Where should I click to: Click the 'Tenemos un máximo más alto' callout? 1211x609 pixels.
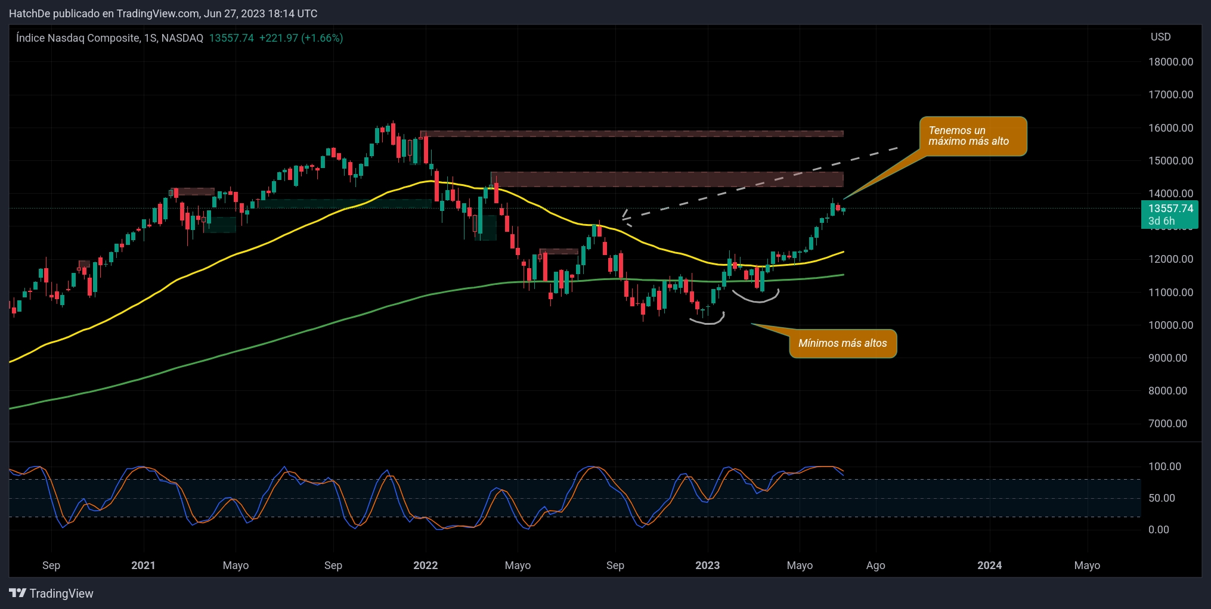point(972,136)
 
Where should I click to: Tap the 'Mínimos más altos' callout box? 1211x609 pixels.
point(843,343)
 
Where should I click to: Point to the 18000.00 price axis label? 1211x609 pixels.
point(1170,62)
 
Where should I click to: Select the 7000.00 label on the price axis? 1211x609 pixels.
point(1170,424)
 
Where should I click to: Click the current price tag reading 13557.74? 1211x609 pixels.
point(1170,209)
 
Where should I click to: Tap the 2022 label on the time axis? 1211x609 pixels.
point(425,565)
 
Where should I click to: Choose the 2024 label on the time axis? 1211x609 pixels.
point(989,565)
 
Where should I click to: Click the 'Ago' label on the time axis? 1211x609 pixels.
point(875,565)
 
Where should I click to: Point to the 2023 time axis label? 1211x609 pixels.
point(707,565)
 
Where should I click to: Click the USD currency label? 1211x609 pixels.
point(1160,37)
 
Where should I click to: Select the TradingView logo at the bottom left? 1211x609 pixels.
point(51,594)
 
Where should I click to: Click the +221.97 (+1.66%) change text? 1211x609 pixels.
point(301,38)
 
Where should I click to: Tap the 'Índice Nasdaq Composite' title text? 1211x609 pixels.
point(78,38)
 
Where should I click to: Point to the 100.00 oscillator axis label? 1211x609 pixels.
point(1164,467)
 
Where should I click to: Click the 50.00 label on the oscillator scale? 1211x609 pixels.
point(1162,498)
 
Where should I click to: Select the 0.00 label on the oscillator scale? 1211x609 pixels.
point(1159,530)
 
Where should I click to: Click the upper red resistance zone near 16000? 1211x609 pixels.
point(632,134)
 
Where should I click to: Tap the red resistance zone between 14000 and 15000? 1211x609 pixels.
point(667,179)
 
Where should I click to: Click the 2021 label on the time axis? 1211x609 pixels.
point(143,565)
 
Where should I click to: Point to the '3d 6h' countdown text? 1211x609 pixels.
point(1162,221)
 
